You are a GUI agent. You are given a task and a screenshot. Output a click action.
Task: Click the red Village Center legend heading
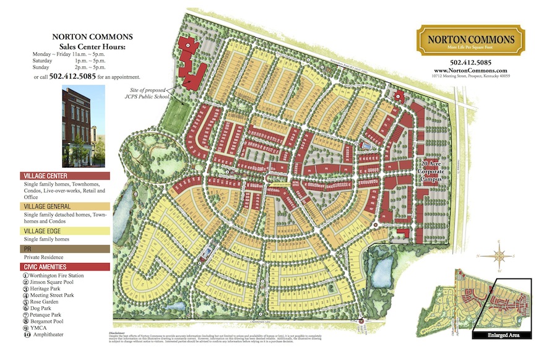point(65,176)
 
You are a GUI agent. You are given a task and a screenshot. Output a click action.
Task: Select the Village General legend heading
point(65,206)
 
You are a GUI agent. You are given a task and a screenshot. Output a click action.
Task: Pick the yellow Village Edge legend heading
point(65,231)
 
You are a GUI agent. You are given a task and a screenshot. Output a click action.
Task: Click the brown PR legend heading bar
point(65,249)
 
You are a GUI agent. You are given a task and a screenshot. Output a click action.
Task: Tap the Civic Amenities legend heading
point(65,267)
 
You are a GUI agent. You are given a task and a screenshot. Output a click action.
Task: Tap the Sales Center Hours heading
point(92,46)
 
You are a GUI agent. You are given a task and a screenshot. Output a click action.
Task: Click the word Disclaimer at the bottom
point(109,332)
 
